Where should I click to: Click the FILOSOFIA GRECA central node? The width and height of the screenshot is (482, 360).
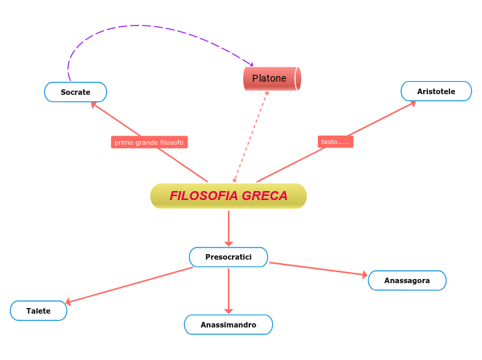coord(229,196)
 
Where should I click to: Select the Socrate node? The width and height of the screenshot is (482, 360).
coord(75,92)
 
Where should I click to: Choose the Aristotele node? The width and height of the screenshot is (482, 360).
coord(436,91)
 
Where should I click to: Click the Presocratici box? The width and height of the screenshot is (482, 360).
coord(229,257)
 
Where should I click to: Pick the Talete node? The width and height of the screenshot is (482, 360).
coord(39,311)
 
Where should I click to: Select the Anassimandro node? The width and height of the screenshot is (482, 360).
coord(229,325)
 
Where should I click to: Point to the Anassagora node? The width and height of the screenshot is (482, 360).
coord(407,280)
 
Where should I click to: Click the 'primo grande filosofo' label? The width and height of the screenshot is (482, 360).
coord(149,142)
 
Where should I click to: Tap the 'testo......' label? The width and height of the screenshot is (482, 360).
coord(336,141)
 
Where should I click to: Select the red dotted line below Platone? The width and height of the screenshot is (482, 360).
coord(251,135)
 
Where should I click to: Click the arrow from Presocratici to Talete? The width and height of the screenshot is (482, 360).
coord(132,285)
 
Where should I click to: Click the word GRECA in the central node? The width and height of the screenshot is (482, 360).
coord(265,196)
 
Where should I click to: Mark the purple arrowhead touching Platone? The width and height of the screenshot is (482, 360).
coord(251,64)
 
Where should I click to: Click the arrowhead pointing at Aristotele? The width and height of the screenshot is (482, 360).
coord(413,104)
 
